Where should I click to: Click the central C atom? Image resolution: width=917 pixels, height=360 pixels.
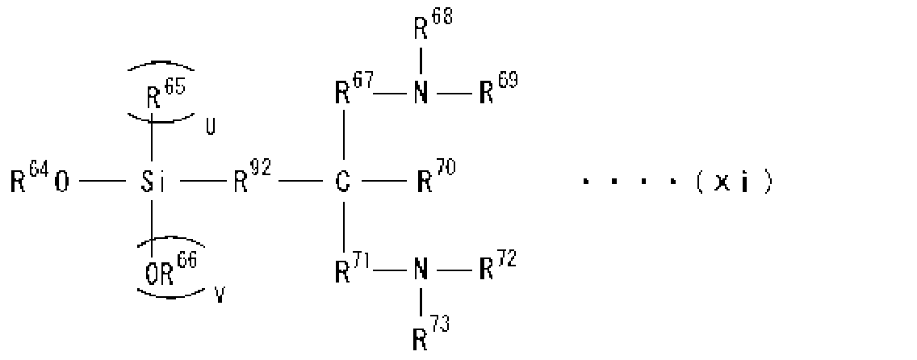pyautogui.click(x=343, y=182)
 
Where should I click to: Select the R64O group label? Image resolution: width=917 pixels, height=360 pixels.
pyautogui.click(x=40, y=179)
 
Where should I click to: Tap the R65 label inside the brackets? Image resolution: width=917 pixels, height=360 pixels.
pyautogui.click(x=165, y=94)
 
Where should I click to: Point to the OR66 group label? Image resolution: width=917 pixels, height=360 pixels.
pyautogui.click(x=171, y=269)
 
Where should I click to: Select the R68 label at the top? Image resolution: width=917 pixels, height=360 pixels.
pyautogui.click(x=433, y=24)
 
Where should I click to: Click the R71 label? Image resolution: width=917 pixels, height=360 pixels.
pyautogui.click(x=354, y=268)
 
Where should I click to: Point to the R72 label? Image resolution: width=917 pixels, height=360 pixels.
pyautogui.click(x=498, y=268)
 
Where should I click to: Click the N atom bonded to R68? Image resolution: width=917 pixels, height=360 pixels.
pyautogui.click(x=421, y=94)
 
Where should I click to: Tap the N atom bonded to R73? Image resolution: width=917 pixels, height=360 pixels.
pyautogui.click(x=421, y=271)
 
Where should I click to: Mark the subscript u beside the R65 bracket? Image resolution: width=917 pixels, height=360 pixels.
pyautogui.click(x=210, y=128)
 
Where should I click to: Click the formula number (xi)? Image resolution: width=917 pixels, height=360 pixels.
pyautogui.click(x=735, y=182)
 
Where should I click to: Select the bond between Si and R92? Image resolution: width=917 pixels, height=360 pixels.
pyautogui.click(x=203, y=182)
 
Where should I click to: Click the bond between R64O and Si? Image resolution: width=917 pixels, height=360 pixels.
pyautogui.click(x=103, y=182)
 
